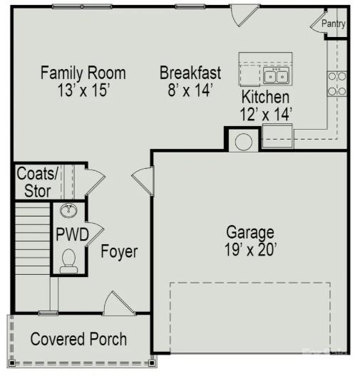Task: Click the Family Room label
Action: coord(83,73)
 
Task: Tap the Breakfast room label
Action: coord(190,73)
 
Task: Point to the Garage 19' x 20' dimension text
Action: coord(250,249)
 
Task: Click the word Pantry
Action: coord(334,24)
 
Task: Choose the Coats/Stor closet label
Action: coord(34,182)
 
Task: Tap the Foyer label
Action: coord(119,252)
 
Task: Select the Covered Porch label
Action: coord(78,339)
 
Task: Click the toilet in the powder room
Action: coord(69,261)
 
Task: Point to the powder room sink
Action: coord(69,211)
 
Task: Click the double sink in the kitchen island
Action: coord(276,75)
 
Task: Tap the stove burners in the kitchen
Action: coord(336,83)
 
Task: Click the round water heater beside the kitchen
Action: coord(243,141)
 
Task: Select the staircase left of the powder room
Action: coord(32,239)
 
